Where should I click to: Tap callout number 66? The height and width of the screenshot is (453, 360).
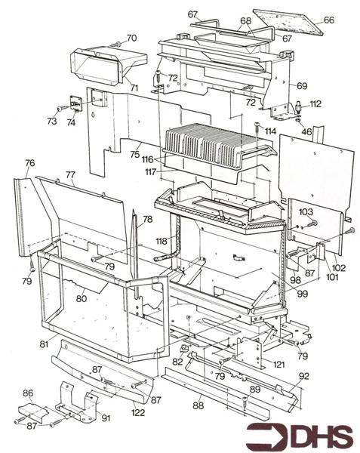coord(328,20)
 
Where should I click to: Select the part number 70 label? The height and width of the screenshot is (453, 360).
coord(131,38)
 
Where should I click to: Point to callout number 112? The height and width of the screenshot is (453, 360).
coord(315,103)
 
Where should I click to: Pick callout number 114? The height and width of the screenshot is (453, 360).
coord(269,131)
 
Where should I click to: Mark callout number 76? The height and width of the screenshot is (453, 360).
coord(29,163)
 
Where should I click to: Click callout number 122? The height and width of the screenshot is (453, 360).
coord(138,411)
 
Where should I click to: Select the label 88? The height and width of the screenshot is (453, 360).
coord(198,406)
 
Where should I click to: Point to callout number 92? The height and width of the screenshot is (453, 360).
coord(303,374)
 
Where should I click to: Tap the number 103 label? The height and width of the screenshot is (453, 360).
coord(306,213)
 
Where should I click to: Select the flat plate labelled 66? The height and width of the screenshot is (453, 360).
coord(287,21)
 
